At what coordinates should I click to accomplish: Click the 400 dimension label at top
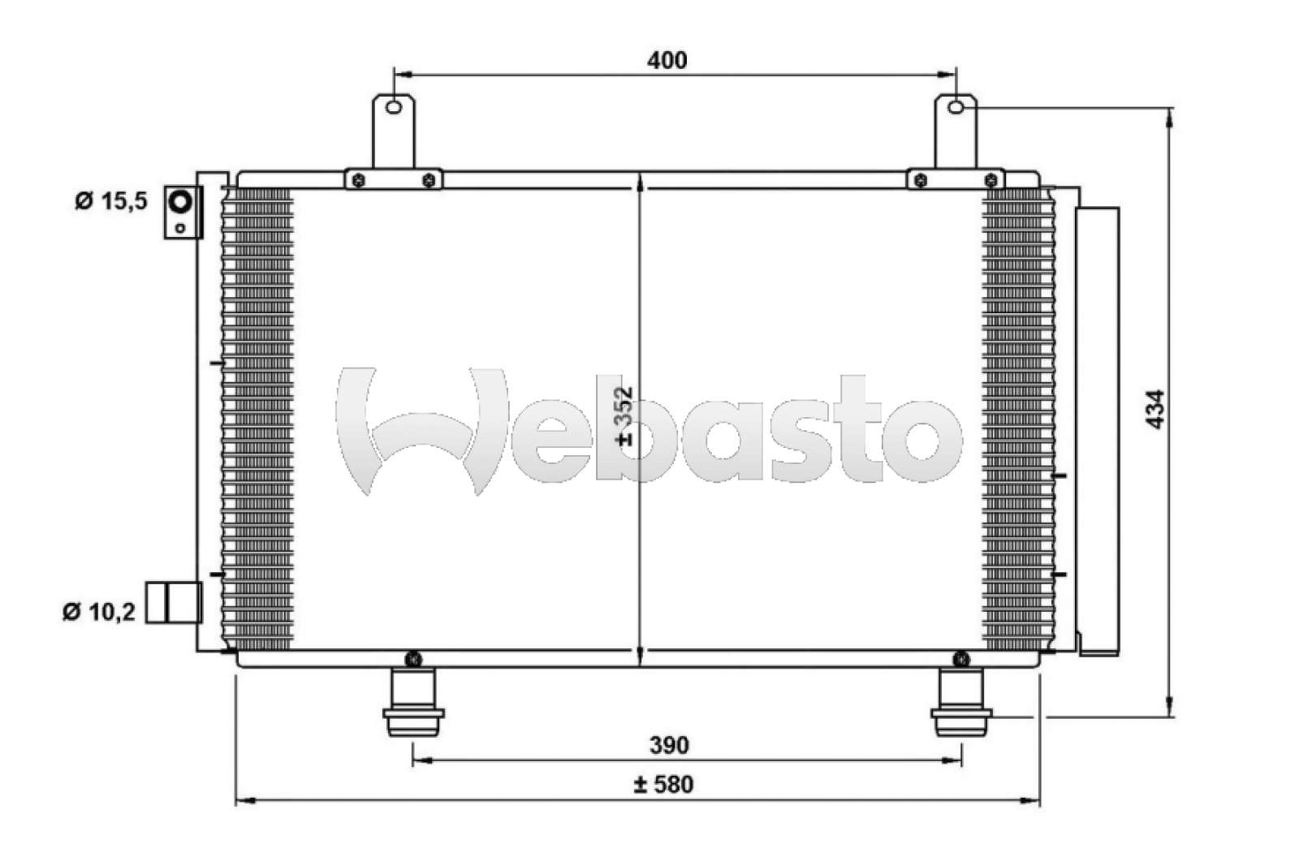click(x=667, y=61)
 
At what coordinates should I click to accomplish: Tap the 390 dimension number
click(x=669, y=745)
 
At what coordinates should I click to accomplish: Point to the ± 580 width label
click(x=663, y=785)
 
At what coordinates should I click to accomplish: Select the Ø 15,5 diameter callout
click(x=111, y=200)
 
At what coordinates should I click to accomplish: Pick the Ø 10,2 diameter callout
click(x=99, y=611)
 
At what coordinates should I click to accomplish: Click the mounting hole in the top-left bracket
click(x=393, y=108)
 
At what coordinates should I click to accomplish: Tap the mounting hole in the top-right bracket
click(x=956, y=106)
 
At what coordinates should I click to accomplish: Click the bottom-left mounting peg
click(x=413, y=702)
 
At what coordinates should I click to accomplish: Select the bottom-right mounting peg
click(x=961, y=702)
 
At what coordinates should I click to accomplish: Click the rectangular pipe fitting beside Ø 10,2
click(x=174, y=602)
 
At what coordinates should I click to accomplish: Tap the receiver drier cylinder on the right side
click(x=1098, y=430)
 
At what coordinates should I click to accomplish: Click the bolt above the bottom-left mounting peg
click(x=414, y=658)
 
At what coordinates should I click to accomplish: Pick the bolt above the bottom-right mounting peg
click(x=961, y=657)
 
